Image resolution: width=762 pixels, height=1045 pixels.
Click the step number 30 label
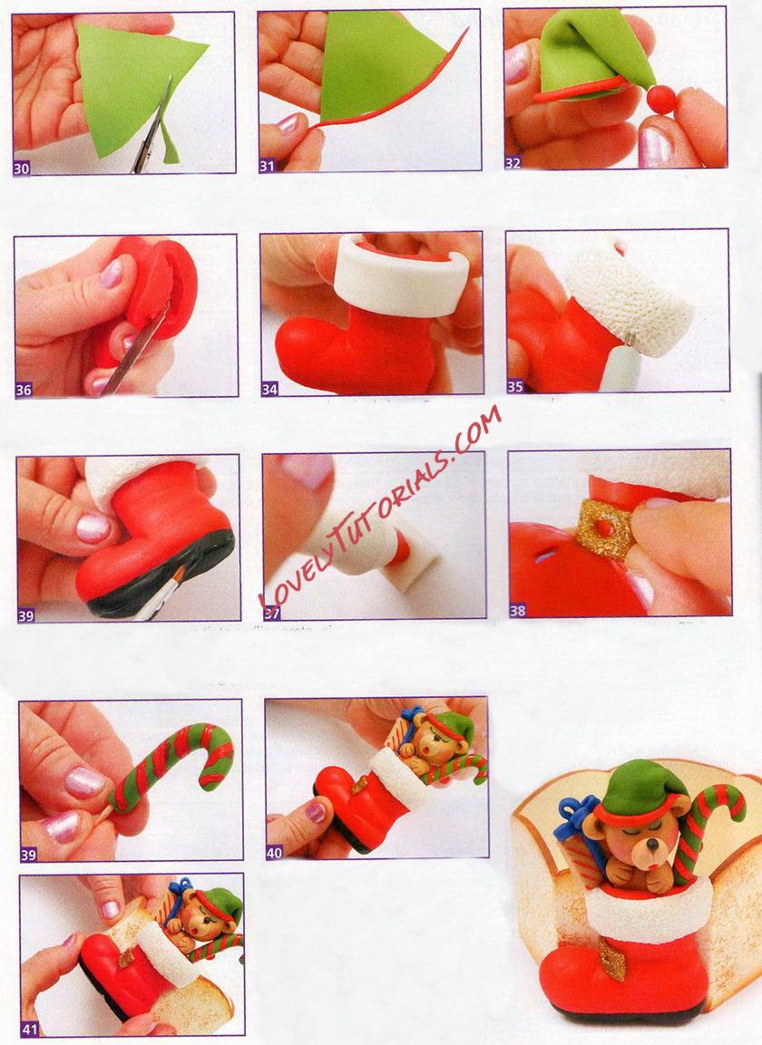pos(22,169)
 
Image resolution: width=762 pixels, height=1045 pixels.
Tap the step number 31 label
pos(267,166)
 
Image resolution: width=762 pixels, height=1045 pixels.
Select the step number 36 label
pos(24,390)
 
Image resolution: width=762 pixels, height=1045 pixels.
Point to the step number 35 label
pos(515,386)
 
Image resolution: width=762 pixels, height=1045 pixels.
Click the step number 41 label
pos(29,1029)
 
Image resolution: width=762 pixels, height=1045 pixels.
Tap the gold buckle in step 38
pos(604,530)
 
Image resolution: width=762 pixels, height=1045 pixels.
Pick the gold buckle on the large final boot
pos(612,958)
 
